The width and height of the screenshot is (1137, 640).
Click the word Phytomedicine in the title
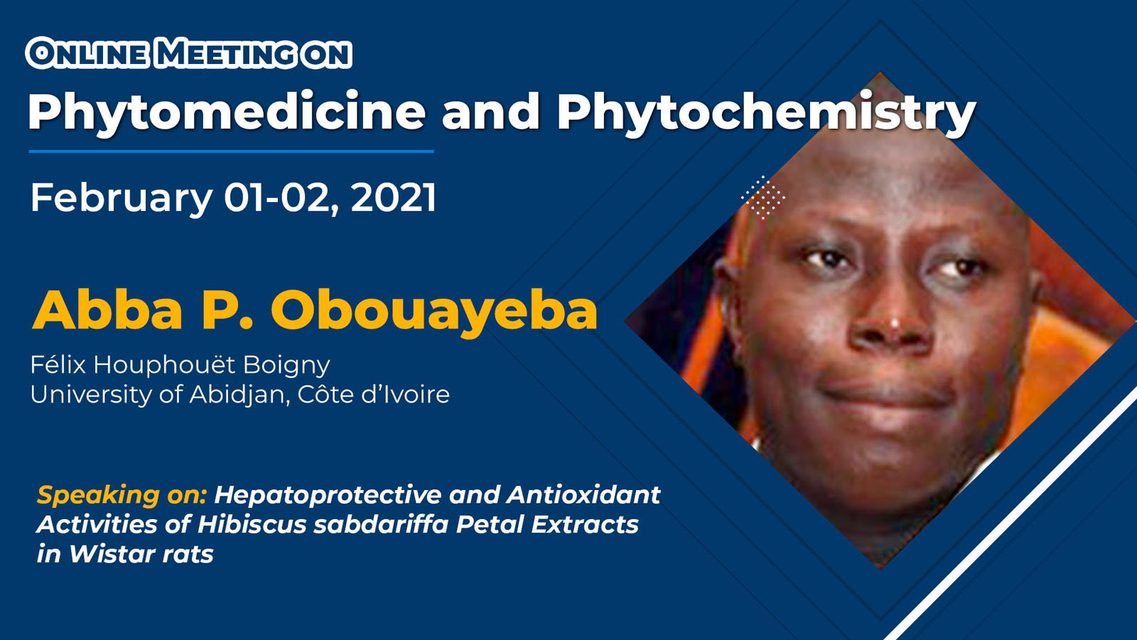coord(227,113)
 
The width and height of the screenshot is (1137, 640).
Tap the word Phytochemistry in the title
coord(767,113)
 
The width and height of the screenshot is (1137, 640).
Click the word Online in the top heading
coord(92,54)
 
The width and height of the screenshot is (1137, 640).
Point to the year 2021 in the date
coord(394,198)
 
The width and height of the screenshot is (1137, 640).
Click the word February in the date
coord(122,199)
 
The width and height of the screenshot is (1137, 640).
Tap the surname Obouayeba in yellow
coord(434,312)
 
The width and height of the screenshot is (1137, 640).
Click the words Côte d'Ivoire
coord(374,394)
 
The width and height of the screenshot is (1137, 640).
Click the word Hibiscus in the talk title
coord(252,525)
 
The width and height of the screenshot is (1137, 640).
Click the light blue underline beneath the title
coord(232,151)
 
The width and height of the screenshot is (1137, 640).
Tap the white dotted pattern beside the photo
coord(763,198)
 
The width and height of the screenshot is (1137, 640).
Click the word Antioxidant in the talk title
coord(583,495)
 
